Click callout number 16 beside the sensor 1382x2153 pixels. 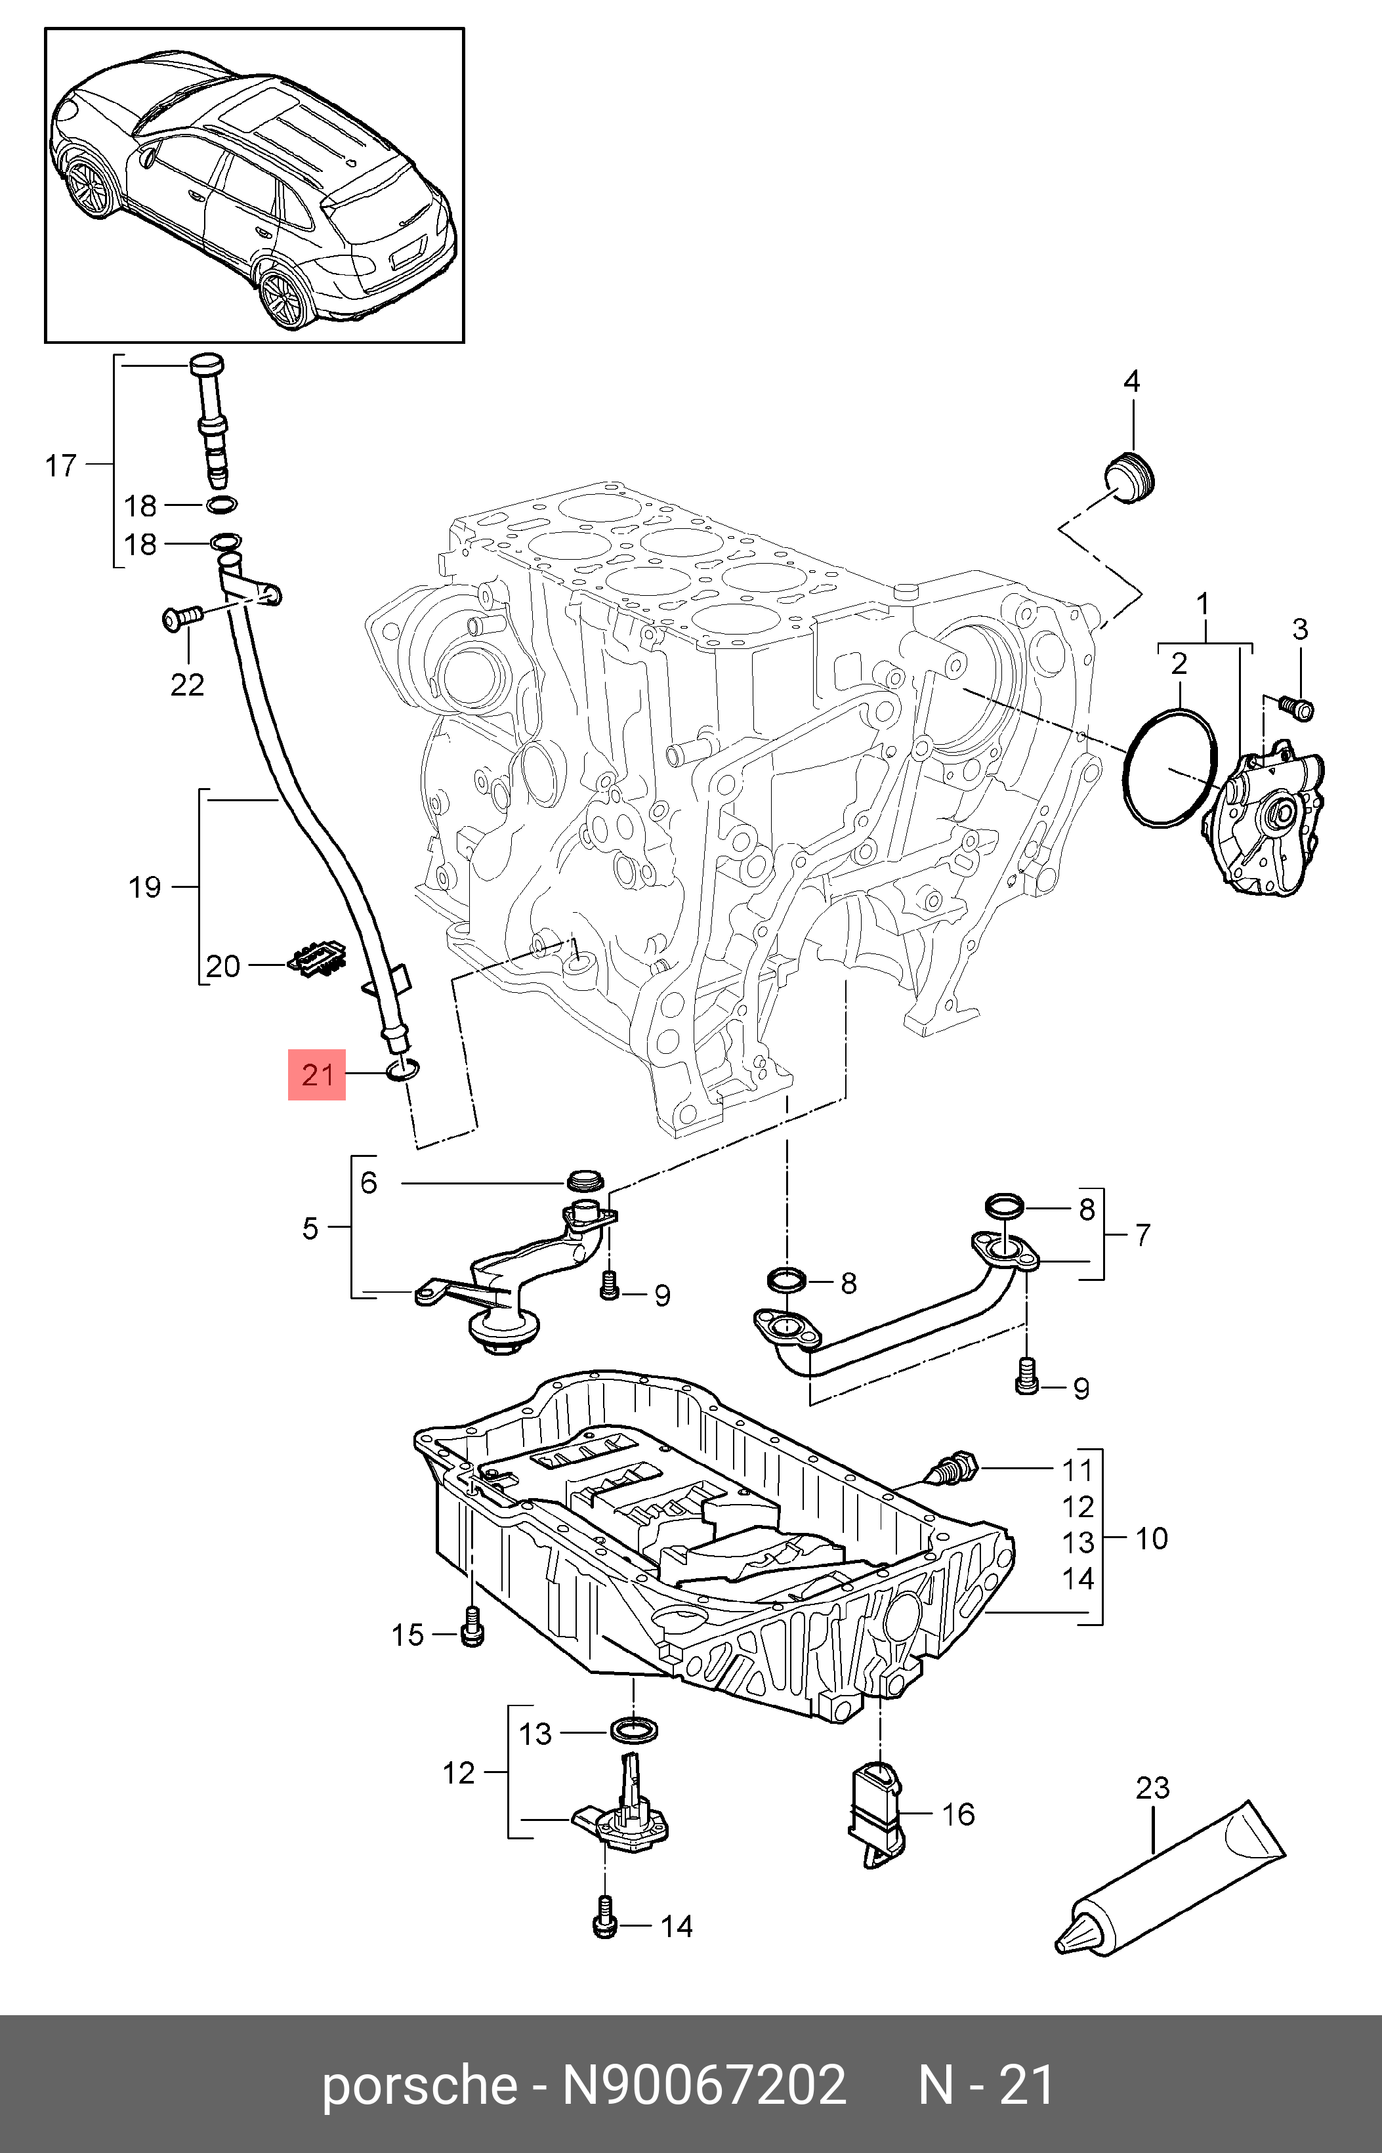[x=957, y=1814]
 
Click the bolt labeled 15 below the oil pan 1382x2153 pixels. [x=471, y=1634]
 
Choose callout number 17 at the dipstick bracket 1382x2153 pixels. [x=61, y=466]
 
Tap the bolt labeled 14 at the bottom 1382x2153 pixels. [x=604, y=1925]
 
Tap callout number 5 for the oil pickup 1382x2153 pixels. [x=310, y=1228]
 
